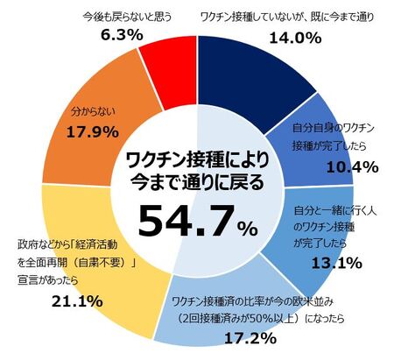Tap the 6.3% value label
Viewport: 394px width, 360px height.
click(122, 35)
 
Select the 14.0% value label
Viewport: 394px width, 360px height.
click(295, 39)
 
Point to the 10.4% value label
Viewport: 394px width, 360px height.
click(352, 167)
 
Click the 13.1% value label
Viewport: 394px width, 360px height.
click(337, 263)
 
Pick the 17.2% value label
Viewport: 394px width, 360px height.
click(250, 338)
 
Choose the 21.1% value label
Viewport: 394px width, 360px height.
click(77, 301)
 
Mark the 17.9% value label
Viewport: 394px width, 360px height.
click(93, 132)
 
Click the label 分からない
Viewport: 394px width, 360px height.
click(94, 112)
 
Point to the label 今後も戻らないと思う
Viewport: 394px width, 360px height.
click(128, 17)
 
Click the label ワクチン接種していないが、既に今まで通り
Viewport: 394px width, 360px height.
click(287, 18)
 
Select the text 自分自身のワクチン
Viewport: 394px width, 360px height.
click(334, 128)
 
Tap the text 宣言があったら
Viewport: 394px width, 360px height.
click(48, 280)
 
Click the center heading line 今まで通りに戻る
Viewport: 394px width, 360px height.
click(197, 183)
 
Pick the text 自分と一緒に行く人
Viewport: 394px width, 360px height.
click(335, 211)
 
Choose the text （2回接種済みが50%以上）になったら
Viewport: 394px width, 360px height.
click(261, 318)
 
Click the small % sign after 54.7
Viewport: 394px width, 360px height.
click(248, 228)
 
